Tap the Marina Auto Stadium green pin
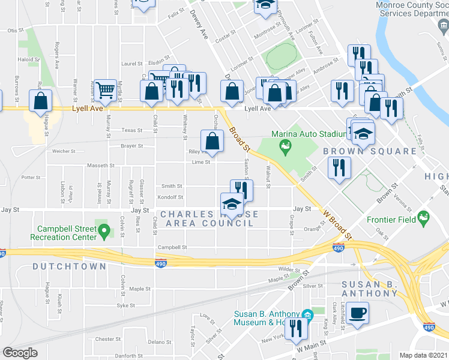coord(286,145)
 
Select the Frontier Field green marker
coord(424,217)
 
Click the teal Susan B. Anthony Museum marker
coord(307,315)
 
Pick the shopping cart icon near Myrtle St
coord(106,91)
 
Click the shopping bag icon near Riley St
coord(212,142)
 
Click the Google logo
coord(20,353)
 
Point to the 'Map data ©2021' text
coord(423,355)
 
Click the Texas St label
coord(131,130)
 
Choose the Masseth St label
coord(102,165)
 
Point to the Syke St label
coord(125,305)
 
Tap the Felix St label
coord(176,13)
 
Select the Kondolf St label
coord(170,197)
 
